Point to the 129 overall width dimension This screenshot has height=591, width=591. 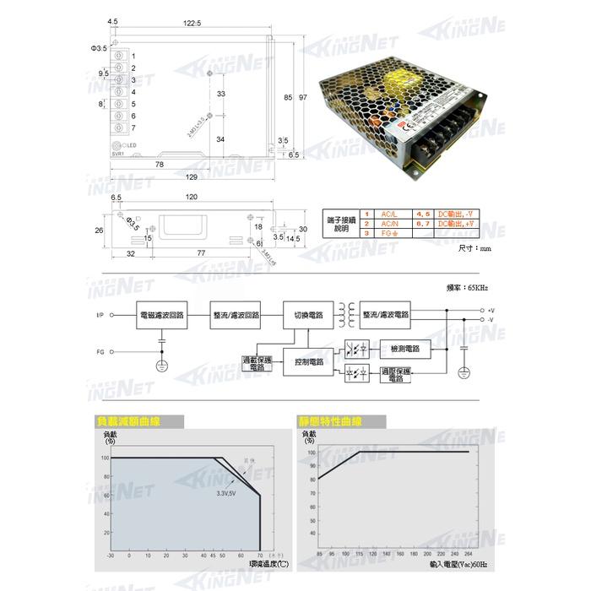click(192, 177)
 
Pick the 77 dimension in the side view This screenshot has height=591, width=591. click(202, 253)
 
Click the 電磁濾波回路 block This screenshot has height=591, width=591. click(160, 314)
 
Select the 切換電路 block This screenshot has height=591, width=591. click(303, 314)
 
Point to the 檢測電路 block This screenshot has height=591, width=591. click(404, 349)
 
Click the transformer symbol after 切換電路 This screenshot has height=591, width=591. click(345, 314)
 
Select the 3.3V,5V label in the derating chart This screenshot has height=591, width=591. click(225, 492)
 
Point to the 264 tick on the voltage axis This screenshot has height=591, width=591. click(469, 555)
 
